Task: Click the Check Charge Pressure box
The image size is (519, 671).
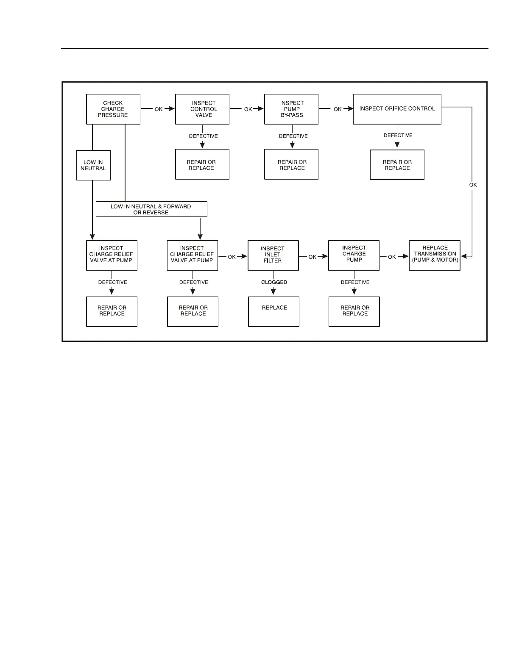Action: click(113, 109)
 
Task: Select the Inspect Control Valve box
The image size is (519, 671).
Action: click(202, 109)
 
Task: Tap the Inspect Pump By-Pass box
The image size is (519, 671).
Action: click(291, 109)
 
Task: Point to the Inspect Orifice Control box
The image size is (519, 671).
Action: click(397, 109)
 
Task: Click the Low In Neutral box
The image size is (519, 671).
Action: click(93, 165)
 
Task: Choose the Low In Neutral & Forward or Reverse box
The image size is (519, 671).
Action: click(151, 209)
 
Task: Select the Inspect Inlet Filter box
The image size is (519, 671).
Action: click(273, 255)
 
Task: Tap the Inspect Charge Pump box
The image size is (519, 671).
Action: click(354, 255)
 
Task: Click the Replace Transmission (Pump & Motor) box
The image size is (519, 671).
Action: click(435, 255)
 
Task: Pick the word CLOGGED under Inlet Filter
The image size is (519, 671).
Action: click(274, 282)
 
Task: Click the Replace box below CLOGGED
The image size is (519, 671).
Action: click(273, 311)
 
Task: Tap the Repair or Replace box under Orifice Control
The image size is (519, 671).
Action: click(397, 165)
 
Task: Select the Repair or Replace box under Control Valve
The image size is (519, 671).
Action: click(202, 164)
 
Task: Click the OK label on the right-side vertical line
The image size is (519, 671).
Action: click(473, 185)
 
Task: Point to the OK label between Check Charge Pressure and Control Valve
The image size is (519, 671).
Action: click(159, 109)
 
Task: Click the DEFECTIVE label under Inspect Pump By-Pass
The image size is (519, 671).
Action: click(293, 136)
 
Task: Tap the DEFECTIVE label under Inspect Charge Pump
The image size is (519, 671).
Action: click(355, 282)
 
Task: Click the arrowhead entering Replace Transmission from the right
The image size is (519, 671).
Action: click(464, 256)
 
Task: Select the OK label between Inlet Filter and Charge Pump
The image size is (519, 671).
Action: click(313, 257)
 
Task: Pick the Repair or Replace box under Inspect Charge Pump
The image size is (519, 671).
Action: click(354, 311)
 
